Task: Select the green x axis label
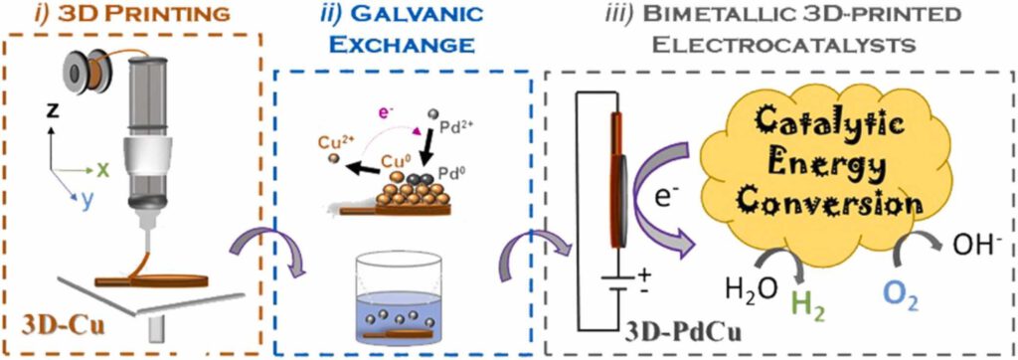point(103,169)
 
